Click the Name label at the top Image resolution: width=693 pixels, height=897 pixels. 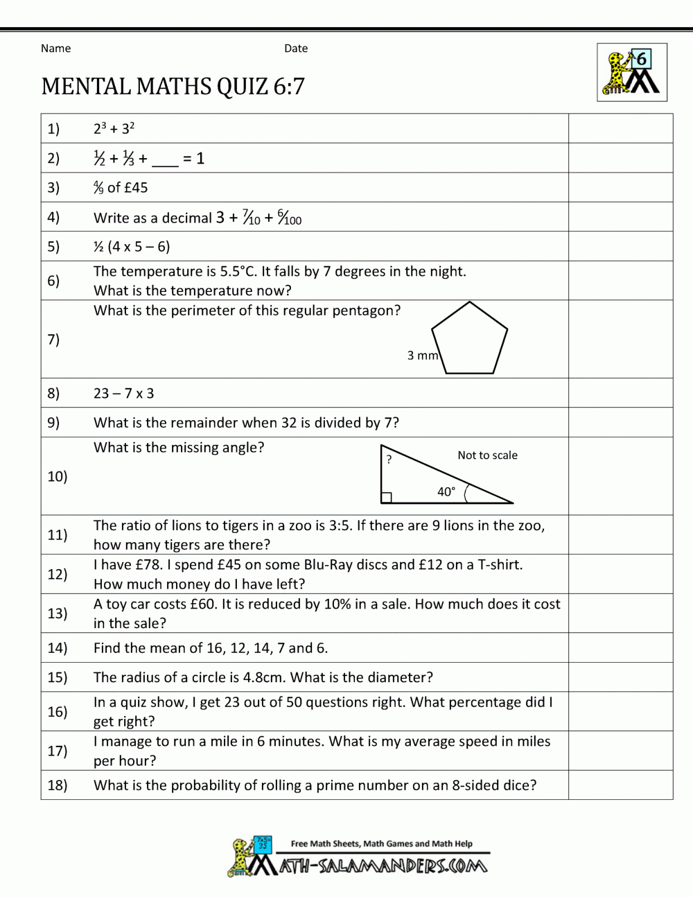[55, 49]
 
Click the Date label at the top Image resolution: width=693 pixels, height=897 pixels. [296, 49]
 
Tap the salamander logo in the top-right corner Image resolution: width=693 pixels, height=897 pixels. [631, 73]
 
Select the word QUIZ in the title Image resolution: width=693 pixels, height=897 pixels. [242, 87]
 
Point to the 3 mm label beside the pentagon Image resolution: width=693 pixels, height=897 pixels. [422, 356]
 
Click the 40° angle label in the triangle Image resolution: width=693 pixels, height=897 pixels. [446, 491]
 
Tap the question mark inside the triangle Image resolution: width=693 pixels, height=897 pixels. [389, 460]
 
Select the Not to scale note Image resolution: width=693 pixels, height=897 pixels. [487, 455]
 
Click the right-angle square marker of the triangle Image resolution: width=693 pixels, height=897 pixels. [387, 498]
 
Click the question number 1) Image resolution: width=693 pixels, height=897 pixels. [53, 129]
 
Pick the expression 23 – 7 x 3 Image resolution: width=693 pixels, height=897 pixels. [124, 394]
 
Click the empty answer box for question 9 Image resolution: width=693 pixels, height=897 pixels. [620, 422]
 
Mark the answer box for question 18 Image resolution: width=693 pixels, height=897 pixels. [620, 785]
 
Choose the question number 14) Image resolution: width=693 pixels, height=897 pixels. [57, 648]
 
